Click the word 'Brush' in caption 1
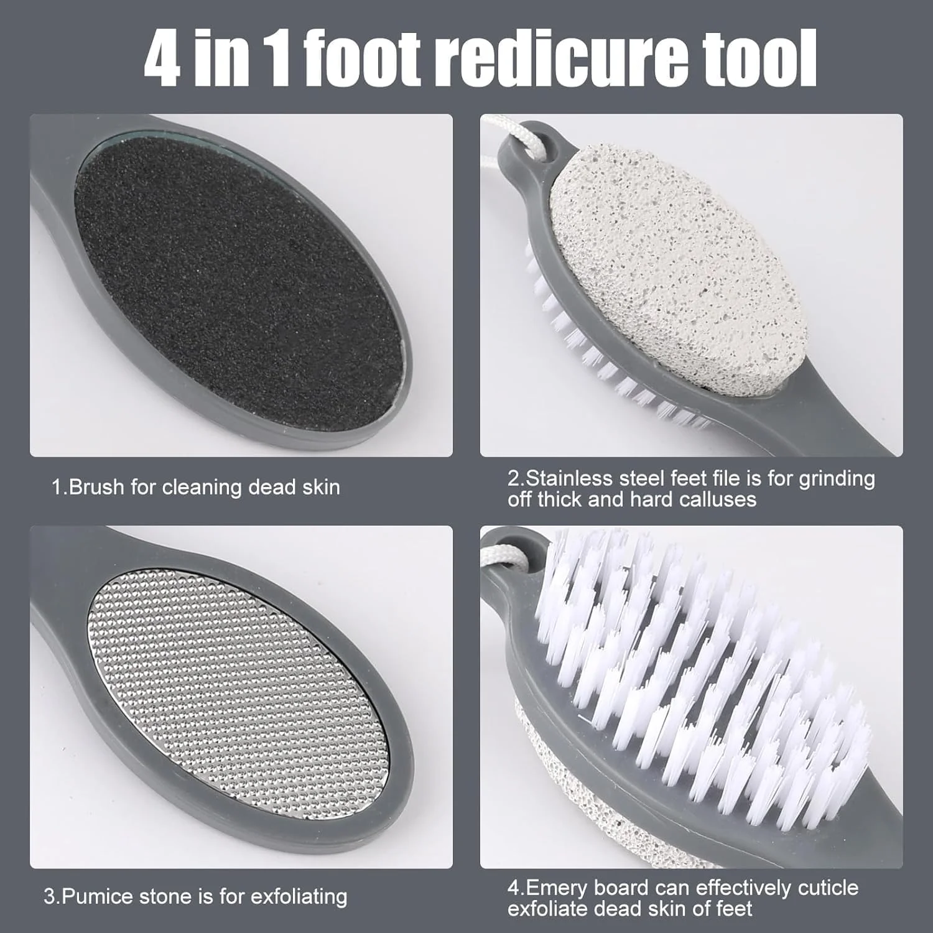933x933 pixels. coord(96,487)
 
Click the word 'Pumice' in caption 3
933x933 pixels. coord(96,896)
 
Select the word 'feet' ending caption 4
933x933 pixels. coord(734,909)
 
